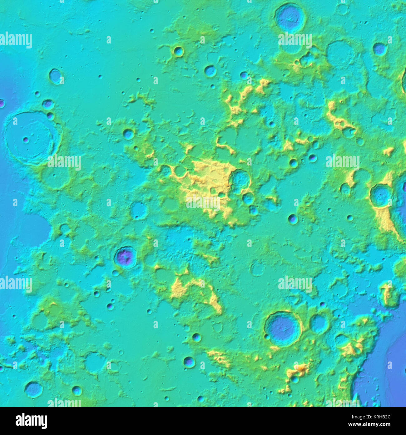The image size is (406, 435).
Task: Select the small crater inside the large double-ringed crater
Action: coord(26,139)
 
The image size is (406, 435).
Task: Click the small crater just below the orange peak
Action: coord(295,379)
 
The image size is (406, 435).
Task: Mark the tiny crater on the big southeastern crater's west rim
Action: coord(267,337)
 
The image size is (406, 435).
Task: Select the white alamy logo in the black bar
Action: coord(31,421)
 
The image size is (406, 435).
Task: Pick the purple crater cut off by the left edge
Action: coord(2,103)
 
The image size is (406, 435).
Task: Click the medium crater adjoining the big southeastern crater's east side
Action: coord(319,324)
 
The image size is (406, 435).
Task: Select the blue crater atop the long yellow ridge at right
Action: coord(381,196)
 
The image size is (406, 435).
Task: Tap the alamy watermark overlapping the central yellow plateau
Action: coord(203,203)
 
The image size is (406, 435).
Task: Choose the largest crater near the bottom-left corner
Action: coord(33,389)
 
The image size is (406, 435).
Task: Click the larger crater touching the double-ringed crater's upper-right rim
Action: coord(48,105)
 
